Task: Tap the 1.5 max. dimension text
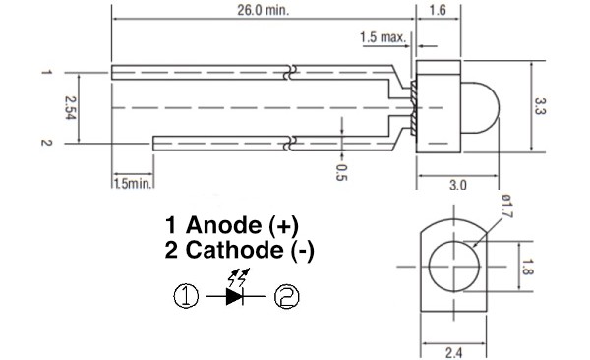(x=383, y=37)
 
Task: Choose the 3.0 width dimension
(x=457, y=183)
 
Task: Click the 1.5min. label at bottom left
(x=131, y=183)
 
